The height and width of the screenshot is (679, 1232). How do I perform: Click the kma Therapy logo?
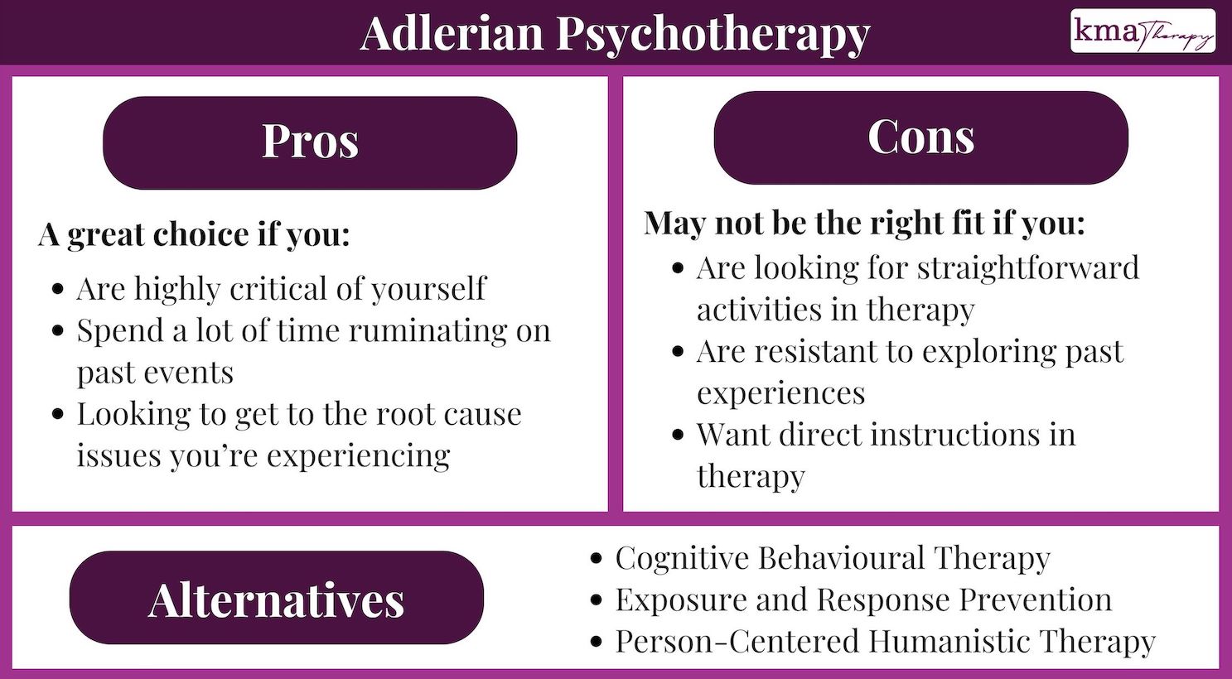pyautogui.click(x=1143, y=31)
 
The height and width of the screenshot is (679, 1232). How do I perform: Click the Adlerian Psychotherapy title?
pyautogui.click(x=615, y=33)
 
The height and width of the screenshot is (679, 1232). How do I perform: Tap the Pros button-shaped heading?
pyautogui.click(x=310, y=142)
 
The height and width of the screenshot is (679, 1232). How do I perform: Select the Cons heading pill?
pyautogui.click(x=920, y=137)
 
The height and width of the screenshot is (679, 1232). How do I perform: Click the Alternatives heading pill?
pyautogui.click(x=276, y=598)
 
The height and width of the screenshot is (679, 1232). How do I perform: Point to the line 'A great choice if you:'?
pyautogui.click(x=195, y=235)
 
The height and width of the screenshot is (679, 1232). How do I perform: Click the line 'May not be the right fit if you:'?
pyautogui.click(x=864, y=224)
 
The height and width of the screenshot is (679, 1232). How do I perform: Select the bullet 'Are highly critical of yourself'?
pyautogui.click(x=281, y=289)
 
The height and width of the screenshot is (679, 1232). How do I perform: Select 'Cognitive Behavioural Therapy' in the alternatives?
pyautogui.click(x=832, y=559)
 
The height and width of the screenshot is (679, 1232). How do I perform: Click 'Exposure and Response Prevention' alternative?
pyautogui.click(x=862, y=600)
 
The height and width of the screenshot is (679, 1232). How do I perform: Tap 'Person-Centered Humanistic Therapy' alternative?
pyautogui.click(x=884, y=642)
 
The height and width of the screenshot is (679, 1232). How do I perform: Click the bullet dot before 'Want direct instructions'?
pyautogui.click(x=679, y=435)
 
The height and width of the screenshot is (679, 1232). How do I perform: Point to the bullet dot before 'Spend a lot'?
pyautogui.click(x=58, y=331)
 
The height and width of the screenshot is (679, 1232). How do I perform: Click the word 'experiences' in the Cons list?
pyautogui.click(x=780, y=393)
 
